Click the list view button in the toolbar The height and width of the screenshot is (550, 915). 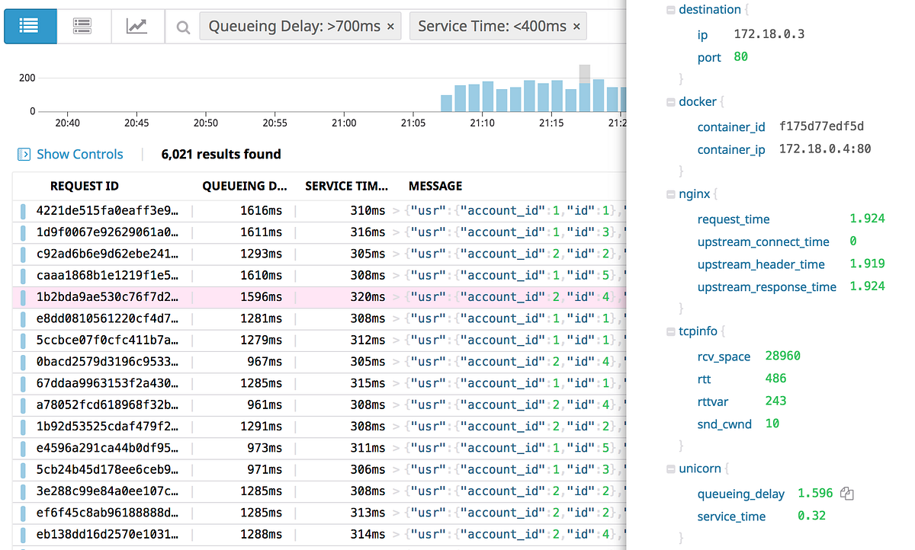(x=30, y=26)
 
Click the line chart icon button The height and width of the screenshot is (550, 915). (x=137, y=26)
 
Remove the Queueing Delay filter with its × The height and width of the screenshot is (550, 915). (x=390, y=27)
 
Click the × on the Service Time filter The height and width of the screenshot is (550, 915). (x=576, y=27)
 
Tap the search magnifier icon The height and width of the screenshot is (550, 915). (x=183, y=27)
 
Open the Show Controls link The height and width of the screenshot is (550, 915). (x=79, y=154)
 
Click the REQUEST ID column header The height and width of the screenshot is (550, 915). (x=84, y=186)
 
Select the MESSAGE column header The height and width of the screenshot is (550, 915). (x=435, y=186)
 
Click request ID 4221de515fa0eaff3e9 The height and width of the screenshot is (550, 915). (x=108, y=210)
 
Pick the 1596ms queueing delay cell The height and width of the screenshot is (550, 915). (x=261, y=296)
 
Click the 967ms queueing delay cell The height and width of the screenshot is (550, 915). (x=264, y=361)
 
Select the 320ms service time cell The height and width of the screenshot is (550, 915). (x=368, y=296)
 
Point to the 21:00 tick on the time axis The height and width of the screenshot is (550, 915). (x=344, y=123)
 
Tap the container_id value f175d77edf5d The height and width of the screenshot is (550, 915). (x=821, y=126)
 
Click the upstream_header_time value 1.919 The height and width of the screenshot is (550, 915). (x=867, y=264)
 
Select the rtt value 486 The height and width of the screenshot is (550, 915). (x=775, y=378)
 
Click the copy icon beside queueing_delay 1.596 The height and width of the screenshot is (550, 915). (x=846, y=494)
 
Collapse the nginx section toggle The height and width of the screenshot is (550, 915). (x=670, y=194)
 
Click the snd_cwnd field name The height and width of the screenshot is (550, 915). (x=724, y=424)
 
